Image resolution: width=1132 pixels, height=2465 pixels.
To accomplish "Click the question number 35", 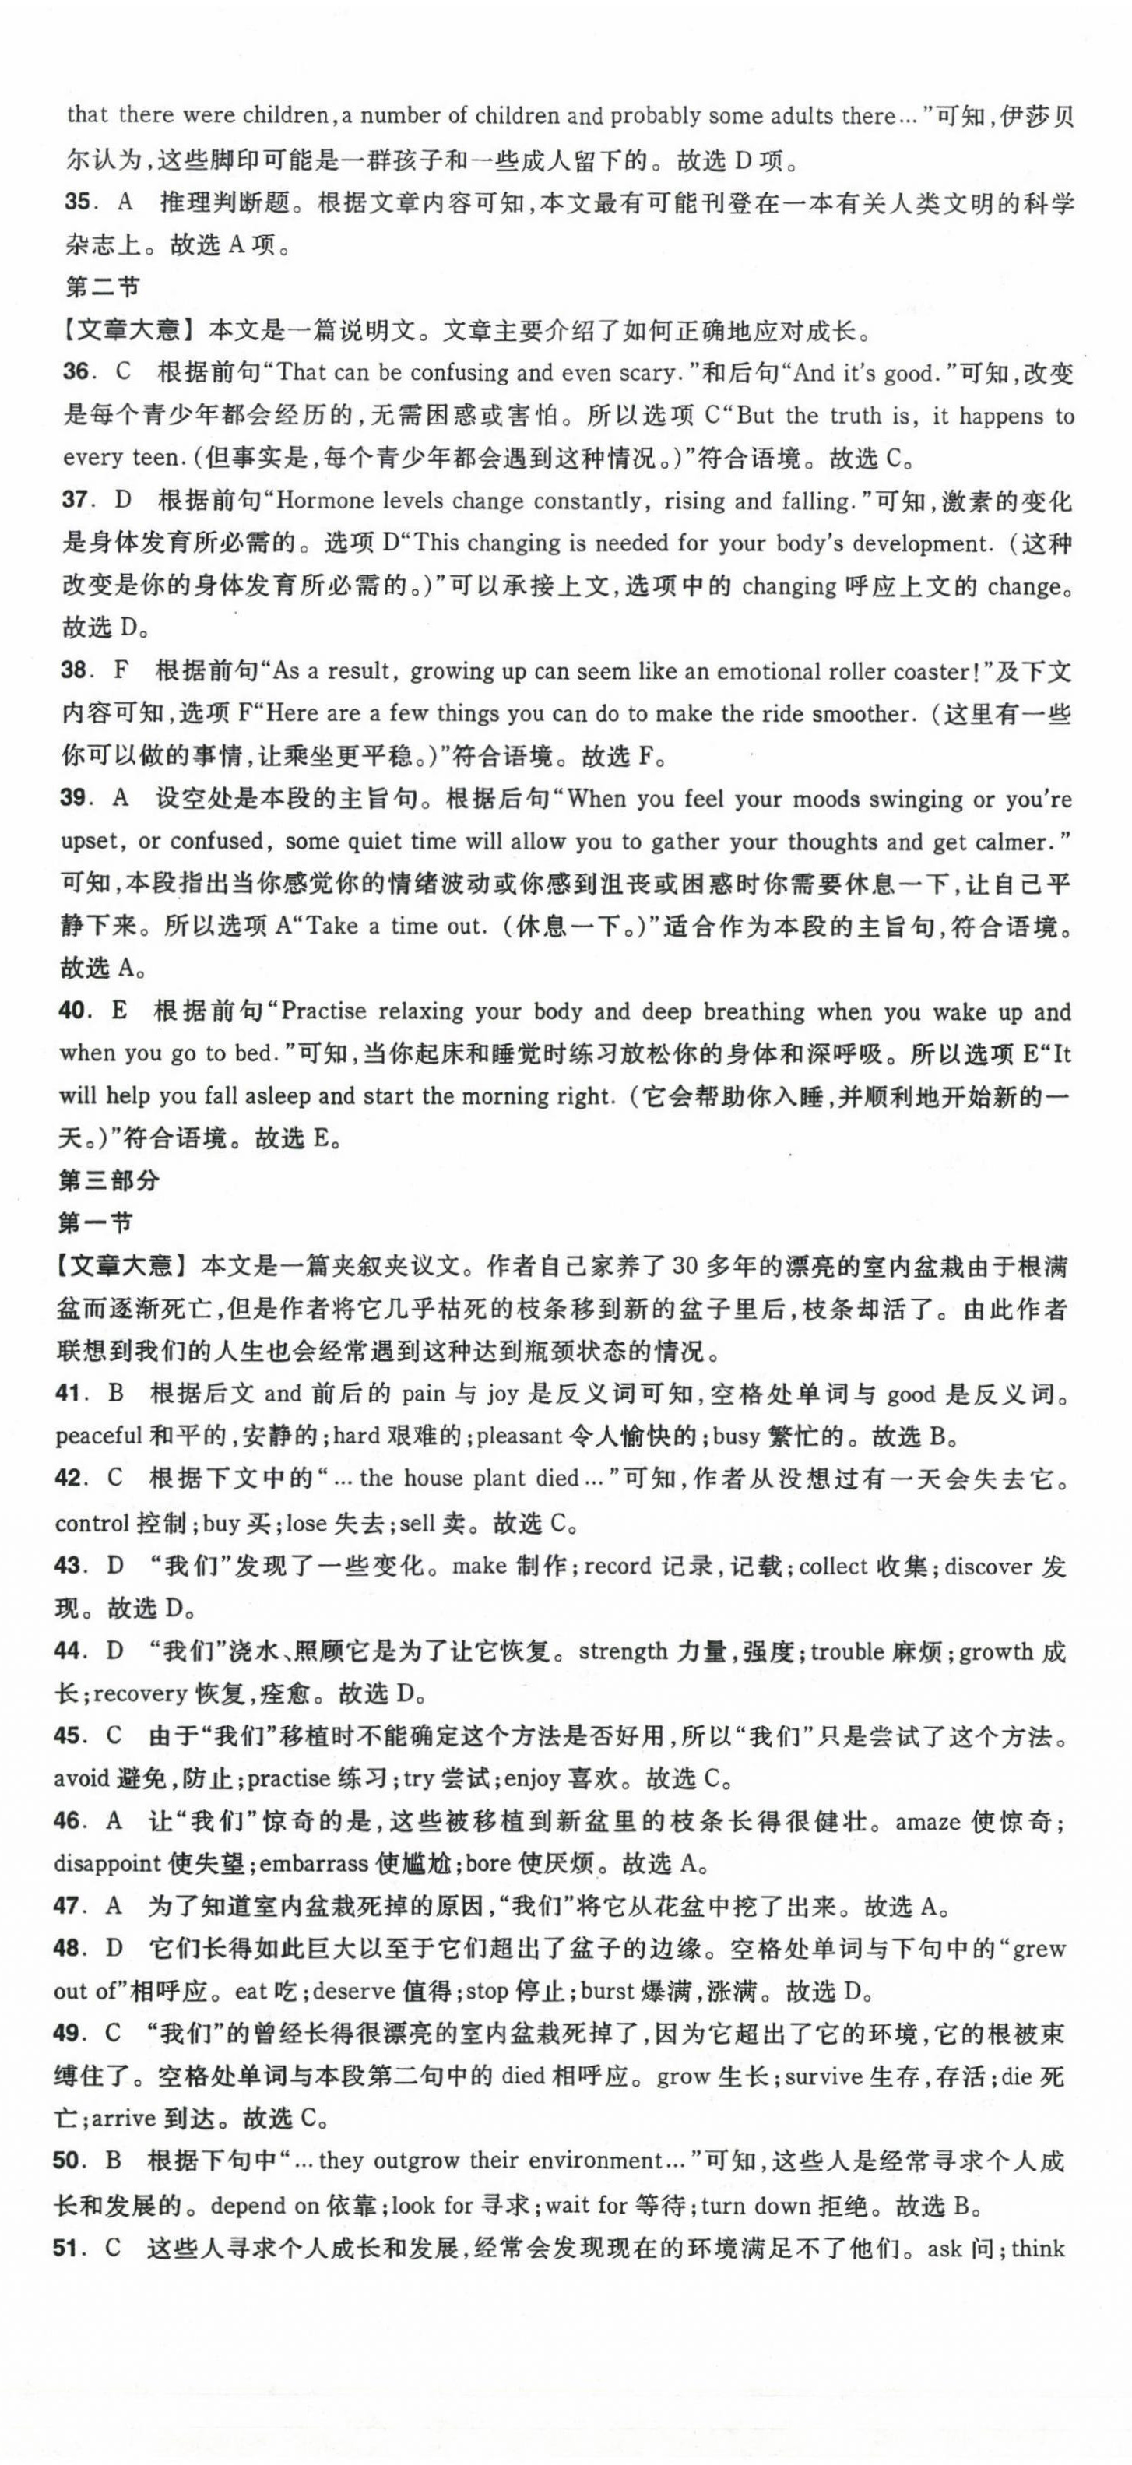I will tap(76, 203).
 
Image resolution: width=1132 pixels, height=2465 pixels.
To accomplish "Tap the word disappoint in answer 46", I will tap(107, 1864).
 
